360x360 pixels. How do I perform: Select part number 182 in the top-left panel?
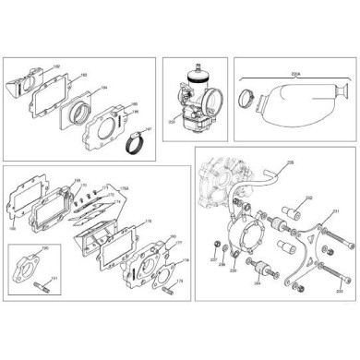tap(56, 66)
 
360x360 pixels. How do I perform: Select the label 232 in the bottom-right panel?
tap(308, 198)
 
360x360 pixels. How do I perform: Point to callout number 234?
tap(257, 285)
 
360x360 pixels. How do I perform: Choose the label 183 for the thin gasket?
tap(83, 76)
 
